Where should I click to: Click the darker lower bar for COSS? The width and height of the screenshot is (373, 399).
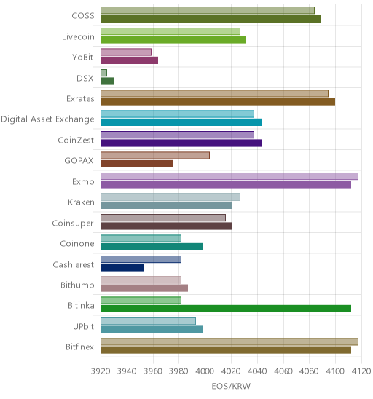point(211,19)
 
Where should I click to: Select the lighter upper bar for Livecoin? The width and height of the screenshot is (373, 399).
point(170,31)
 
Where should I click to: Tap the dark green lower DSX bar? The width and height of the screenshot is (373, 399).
point(107,81)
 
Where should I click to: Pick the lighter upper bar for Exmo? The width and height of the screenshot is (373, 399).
point(229,176)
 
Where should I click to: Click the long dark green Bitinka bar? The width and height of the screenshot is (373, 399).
point(226,309)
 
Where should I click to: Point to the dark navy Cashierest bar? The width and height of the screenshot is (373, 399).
point(122,267)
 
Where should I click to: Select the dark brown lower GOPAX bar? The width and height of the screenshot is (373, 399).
point(137,164)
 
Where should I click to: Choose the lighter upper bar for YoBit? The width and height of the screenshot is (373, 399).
point(126,52)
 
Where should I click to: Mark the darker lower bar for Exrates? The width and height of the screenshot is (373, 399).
point(218,101)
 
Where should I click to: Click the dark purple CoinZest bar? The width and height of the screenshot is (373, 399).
point(181,143)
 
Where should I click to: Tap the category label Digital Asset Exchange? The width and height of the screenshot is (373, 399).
point(47,119)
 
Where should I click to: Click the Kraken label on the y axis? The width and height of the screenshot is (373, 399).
point(81,202)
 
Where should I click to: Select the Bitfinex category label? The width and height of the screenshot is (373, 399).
point(79,347)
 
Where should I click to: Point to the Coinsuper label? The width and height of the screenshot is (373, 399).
point(73,224)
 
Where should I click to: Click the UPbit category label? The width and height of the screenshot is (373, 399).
point(83,326)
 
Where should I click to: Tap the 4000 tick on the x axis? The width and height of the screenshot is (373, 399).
point(205,371)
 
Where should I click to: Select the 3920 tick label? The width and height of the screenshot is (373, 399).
point(101,371)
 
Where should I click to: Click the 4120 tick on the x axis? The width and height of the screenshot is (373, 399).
point(361,371)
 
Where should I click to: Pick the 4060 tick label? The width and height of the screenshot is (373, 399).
point(283,371)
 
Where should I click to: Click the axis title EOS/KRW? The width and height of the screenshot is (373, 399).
point(231,387)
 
